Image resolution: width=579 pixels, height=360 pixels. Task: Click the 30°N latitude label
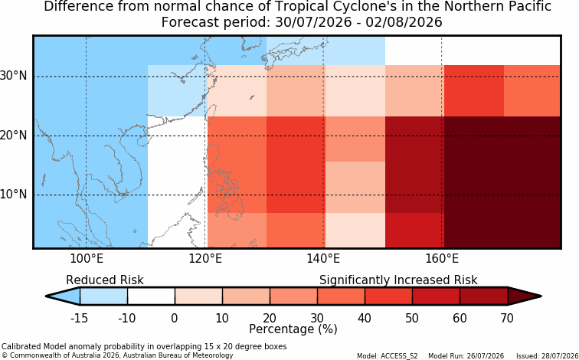[x=13, y=76]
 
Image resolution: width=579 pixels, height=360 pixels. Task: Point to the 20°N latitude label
[x=13, y=135]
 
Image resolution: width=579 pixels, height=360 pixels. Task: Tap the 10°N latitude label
[x=13, y=194]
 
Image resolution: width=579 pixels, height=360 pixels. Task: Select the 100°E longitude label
[x=87, y=258]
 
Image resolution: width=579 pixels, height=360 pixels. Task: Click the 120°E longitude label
[x=205, y=258]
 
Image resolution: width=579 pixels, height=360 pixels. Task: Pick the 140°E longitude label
[x=323, y=258]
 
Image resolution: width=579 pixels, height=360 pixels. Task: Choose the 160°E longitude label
[x=442, y=258]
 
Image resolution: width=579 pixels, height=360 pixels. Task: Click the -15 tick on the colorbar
[x=79, y=318]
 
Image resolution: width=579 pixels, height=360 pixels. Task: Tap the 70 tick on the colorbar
[x=507, y=318]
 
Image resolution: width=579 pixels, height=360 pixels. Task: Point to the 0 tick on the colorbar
[x=175, y=318]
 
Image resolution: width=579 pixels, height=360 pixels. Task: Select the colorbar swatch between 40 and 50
[x=388, y=296]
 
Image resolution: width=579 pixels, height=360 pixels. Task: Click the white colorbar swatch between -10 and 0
[x=151, y=296]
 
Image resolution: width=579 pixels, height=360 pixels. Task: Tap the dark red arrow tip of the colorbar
[x=541, y=296]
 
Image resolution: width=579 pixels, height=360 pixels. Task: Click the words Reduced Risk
[x=105, y=280]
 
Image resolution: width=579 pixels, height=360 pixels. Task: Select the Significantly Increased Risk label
[x=398, y=280]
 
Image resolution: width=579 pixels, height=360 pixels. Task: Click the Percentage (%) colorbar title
[x=293, y=329]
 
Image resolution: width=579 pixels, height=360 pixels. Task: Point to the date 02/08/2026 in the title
[x=404, y=22]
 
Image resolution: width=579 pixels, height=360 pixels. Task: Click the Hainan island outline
[x=142, y=140]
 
